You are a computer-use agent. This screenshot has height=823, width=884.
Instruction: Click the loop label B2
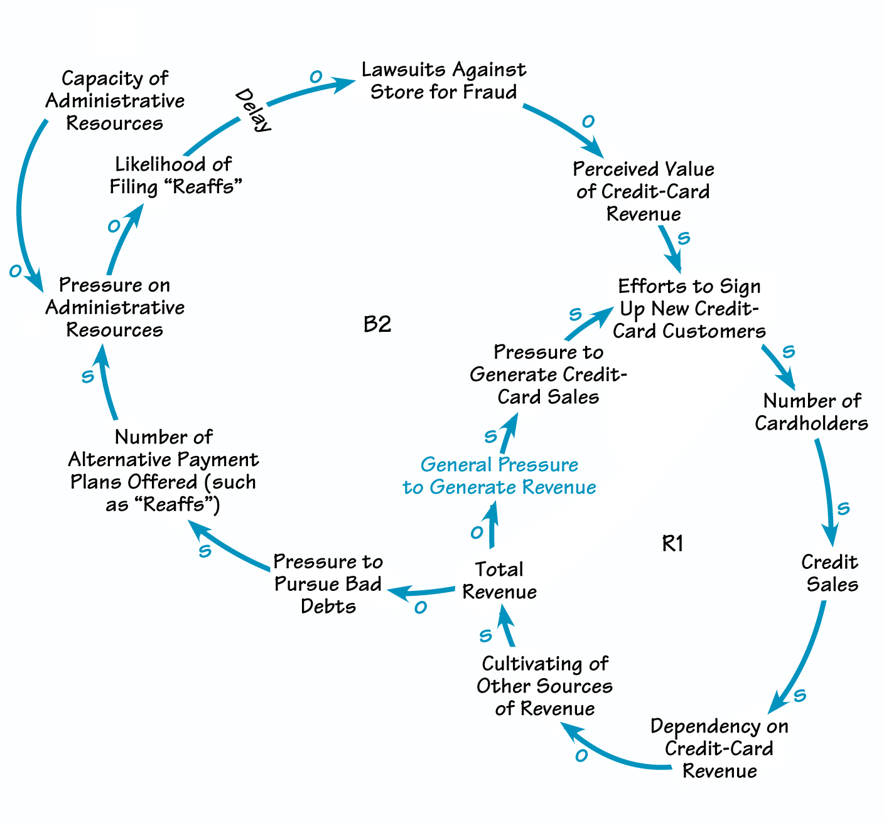(377, 324)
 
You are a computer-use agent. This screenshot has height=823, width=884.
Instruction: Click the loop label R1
(672, 543)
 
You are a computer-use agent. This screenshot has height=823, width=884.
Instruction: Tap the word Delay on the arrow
(253, 110)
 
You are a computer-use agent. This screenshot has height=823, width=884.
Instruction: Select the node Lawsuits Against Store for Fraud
(444, 80)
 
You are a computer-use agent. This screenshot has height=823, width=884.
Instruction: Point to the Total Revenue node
(499, 580)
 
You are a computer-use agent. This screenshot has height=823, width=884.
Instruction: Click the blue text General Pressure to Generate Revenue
(499, 475)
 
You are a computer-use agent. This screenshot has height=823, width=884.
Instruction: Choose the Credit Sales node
(830, 573)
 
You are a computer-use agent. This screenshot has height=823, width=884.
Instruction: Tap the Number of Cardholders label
(812, 411)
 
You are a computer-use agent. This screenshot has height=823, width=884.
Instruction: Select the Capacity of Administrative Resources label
(116, 100)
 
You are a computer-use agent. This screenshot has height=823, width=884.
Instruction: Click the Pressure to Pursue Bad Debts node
(328, 583)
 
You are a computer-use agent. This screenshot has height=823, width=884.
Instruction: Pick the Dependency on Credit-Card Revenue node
(720, 748)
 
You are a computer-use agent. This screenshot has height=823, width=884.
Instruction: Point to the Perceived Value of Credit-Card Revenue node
(644, 191)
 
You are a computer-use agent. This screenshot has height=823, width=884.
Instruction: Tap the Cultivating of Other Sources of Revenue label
(544, 686)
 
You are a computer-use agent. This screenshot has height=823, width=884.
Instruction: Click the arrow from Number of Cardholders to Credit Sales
(828, 489)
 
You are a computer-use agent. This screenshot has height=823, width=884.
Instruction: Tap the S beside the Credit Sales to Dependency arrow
(800, 695)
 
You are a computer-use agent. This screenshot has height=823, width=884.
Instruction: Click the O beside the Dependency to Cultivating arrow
(581, 756)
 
